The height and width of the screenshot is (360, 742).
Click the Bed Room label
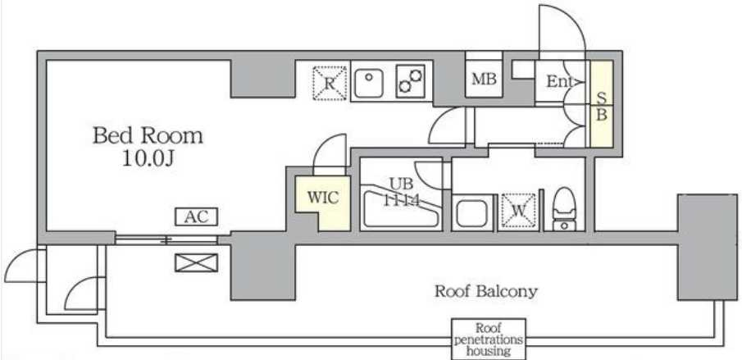point(147,135)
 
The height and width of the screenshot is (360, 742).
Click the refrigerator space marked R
point(330,83)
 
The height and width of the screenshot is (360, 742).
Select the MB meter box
point(483,80)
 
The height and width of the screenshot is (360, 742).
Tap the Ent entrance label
point(560,82)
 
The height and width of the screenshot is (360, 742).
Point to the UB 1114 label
point(401,190)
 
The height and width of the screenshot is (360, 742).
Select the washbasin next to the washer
point(472,213)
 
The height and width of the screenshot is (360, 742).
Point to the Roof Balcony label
point(485,290)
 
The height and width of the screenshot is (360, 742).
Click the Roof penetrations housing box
point(489,338)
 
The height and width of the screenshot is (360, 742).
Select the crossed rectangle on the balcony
point(197,262)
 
